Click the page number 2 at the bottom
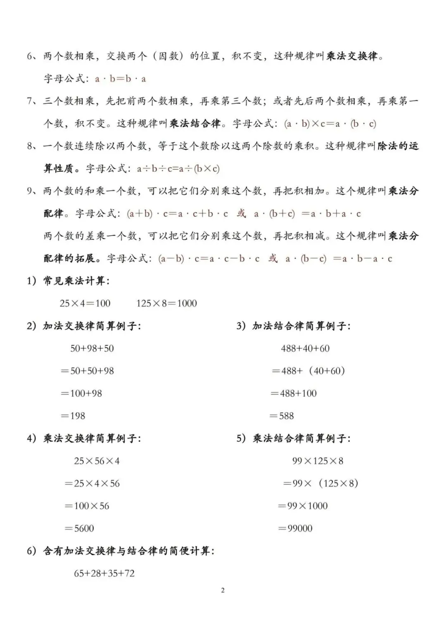pyautogui.click(x=223, y=590)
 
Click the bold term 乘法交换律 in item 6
pyautogui.click(x=352, y=56)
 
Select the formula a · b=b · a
pyautogui.click(x=120, y=79)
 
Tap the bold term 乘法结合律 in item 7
pyautogui.click(x=195, y=124)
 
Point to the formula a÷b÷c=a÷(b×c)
pyautogui.click(x=178, y=169)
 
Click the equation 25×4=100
pyautogui.click(x=85, y=304)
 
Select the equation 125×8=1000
pyautogui.click(x=166, y=304)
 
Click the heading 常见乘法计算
pyautogui.click(x=76, y=281)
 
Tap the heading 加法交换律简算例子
pyautogui.click(x=92, y=326)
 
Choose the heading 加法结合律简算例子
pyautogui.click(x=301, y=326)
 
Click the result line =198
pyautogui.click(x=73, y=416)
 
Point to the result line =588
pyautogui.click(x=282, y=416)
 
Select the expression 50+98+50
pyautogui.click(x=92, y=349)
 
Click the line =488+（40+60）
pyautogui.click(x=308, y=371)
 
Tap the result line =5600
pyautogui.click(x=79, y=528)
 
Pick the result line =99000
pyautogui.click(x=295, y=528)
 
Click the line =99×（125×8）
pyautogui.click(x=320, y=483)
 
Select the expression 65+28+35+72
pyautogui.click(x=104, y=574)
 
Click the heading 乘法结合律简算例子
pyautogui.click(x=301, y=438)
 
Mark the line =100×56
pyautogui.click(x=87, y=506)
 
